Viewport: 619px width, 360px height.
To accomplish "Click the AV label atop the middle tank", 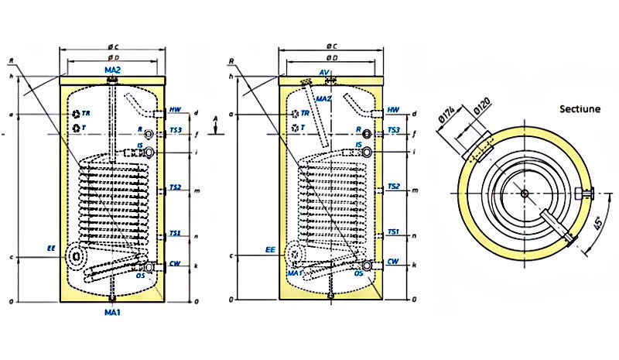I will click(x=325, y=72).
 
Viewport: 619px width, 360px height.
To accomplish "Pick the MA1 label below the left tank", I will click(x=113, y=312).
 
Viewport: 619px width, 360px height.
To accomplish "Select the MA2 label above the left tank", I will click(x=113, y=70).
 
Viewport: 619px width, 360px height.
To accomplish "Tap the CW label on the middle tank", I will click(x=393, y=262).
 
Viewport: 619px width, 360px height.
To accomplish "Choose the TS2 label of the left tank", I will click(x=176, y=187).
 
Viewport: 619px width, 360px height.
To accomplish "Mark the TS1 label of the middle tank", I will click(x=393, y=231).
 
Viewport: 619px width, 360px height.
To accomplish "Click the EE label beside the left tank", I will click(x=51, y=249).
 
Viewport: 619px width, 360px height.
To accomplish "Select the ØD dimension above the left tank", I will click(x=113, y=57).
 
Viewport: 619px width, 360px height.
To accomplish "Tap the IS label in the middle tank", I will click(x=359, y=144).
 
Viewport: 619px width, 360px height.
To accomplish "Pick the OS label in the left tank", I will click(x=141, y=274).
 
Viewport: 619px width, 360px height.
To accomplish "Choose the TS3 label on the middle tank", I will click(x=393, y=130).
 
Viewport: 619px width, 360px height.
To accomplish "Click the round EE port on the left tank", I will click(x=76, y=255).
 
